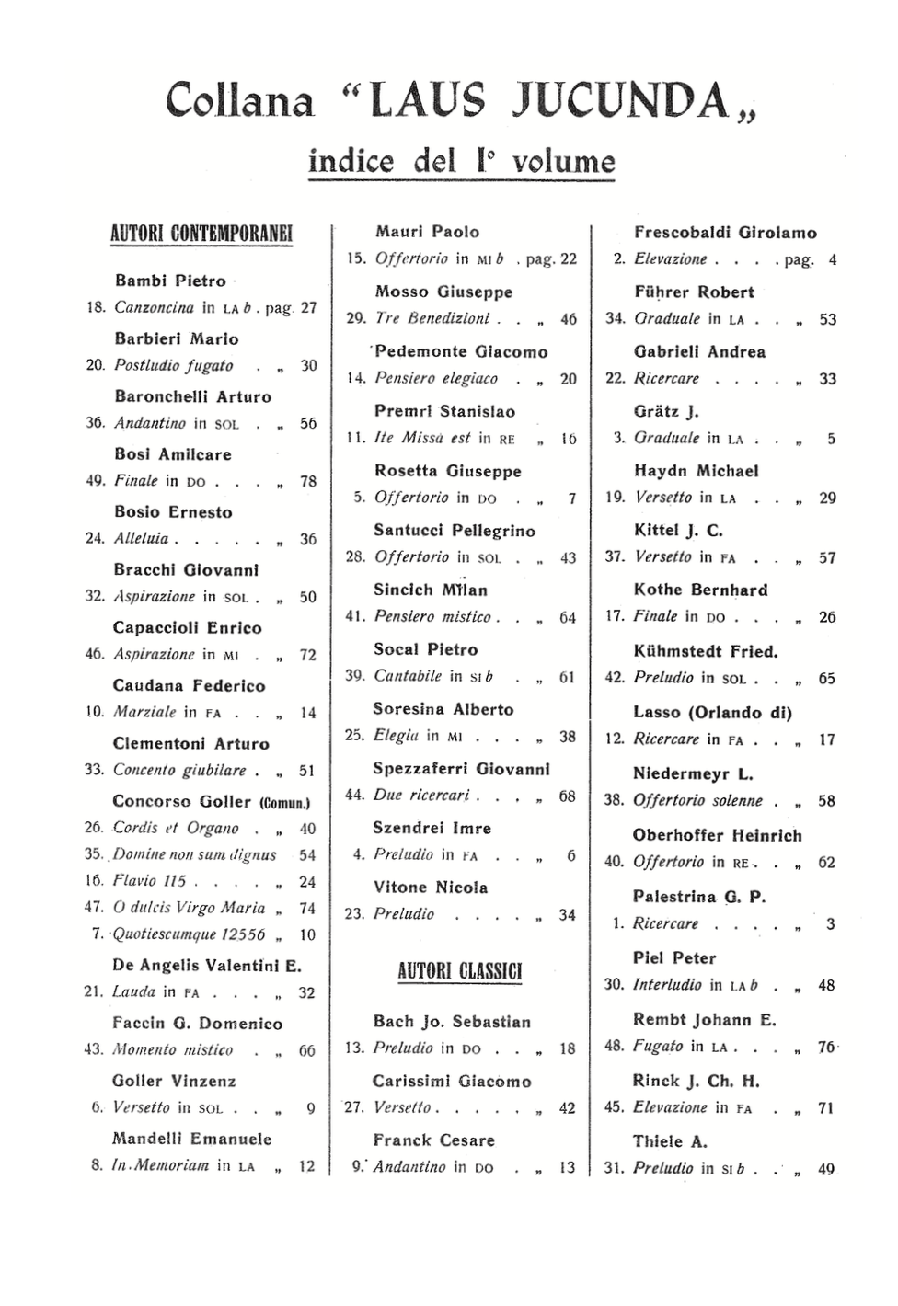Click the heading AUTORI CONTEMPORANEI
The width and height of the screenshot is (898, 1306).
[201, 233]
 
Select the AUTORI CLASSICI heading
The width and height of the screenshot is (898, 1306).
[459, 971]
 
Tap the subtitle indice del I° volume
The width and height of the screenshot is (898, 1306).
[461, 161]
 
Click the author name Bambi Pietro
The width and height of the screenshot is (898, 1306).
[170, 281]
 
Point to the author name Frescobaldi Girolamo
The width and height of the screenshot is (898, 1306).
[725, 233]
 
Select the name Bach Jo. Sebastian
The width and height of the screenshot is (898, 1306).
[452, 1022]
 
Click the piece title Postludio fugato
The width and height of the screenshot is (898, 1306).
[173, 365]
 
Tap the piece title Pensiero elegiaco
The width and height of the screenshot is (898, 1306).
[436, 378]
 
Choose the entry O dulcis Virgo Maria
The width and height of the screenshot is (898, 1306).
[189, 908]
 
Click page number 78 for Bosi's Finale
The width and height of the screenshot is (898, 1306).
[308, 481]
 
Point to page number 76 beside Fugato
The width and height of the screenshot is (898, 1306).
[827, 1047]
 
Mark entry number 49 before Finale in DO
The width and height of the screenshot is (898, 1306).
[96, 480]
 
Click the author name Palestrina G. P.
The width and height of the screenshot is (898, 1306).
[699, 897]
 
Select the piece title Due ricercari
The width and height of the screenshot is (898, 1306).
[421, 795]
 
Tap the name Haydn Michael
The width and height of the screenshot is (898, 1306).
[696, 471]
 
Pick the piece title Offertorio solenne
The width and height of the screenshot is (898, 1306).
[697, 800]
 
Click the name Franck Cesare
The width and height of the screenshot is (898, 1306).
[433, 1140]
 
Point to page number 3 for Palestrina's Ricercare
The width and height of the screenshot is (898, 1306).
[830, 923]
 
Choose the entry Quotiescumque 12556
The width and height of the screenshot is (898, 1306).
[189, 934]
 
